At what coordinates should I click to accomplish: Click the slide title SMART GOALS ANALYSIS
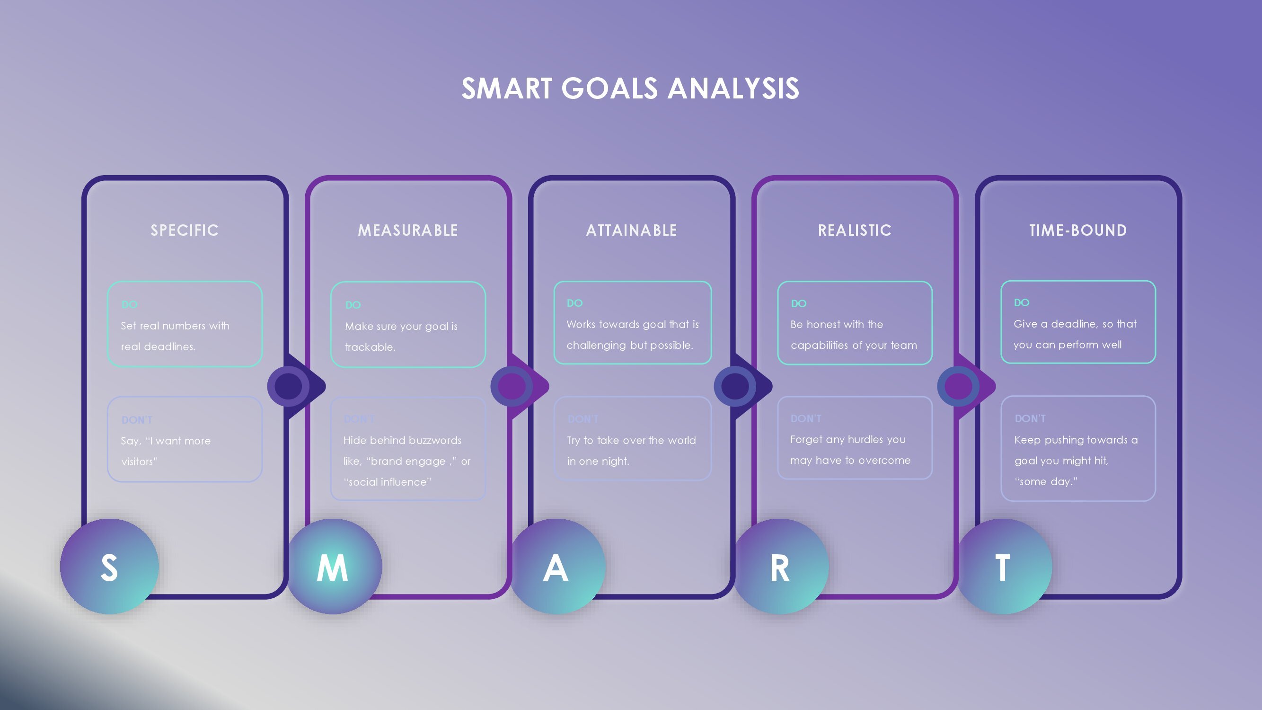(630, 89)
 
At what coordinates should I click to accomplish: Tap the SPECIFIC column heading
(185, 231)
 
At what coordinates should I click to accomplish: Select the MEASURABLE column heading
(408, 231)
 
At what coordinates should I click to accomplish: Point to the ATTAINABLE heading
(632, 231)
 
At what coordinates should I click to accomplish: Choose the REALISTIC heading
(855, 231)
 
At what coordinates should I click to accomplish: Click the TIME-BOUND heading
(1078, 231)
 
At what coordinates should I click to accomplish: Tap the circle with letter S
(109, 567)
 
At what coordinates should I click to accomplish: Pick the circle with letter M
(333, 567)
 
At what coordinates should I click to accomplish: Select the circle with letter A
(556, 567)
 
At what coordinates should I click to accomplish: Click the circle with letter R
(779, 567)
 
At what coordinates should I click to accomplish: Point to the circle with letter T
(1003, 567)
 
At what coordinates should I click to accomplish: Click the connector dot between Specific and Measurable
(289, 386)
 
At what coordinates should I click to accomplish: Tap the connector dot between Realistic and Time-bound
(958, 386)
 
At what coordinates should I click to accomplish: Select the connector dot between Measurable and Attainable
(512, 386)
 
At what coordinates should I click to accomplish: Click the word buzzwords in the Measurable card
(438, 441)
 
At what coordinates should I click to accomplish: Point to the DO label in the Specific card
(129, 305)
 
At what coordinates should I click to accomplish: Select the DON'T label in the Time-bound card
(1030, 419)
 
